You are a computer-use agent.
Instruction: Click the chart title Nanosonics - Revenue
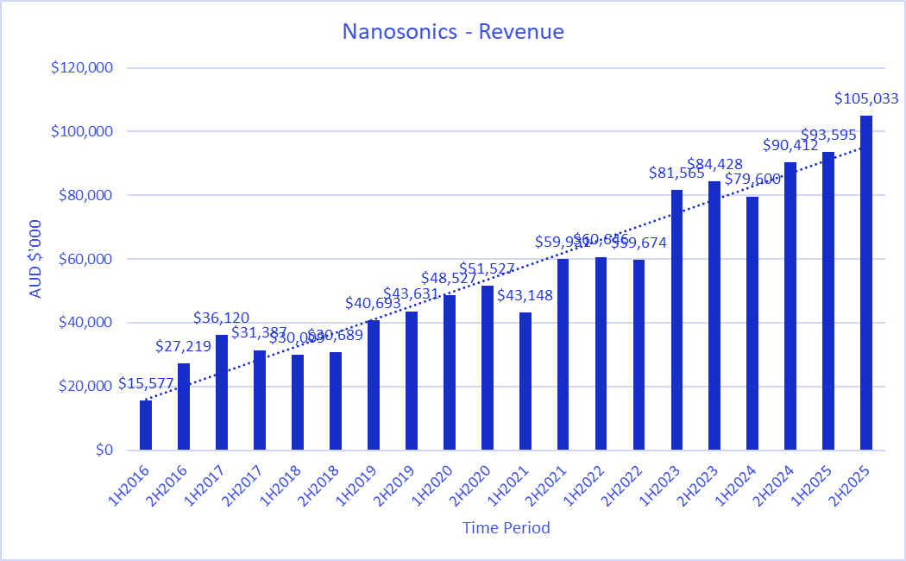[x=453, y=32]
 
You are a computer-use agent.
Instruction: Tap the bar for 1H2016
[x=146, y=425]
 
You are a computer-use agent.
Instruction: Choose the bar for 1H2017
[x=222, y=392]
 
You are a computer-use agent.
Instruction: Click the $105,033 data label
[x=865, y=98]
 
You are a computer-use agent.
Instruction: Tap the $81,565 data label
[x=676, y=173]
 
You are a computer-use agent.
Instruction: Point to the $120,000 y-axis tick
[x=85, y=68]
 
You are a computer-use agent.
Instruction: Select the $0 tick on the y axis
[x=104, y=450]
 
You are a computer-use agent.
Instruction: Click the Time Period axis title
[x=506, y=527]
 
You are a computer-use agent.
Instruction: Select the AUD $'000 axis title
[x=35, y=258]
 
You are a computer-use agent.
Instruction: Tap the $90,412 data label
[x=790, y=145]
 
